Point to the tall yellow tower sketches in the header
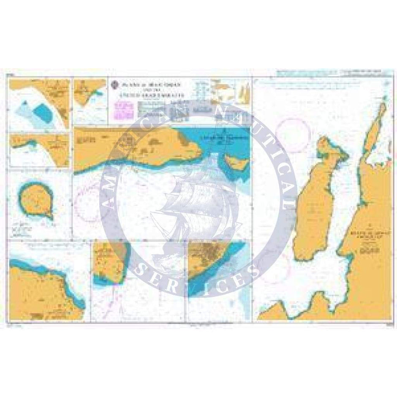245,93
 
